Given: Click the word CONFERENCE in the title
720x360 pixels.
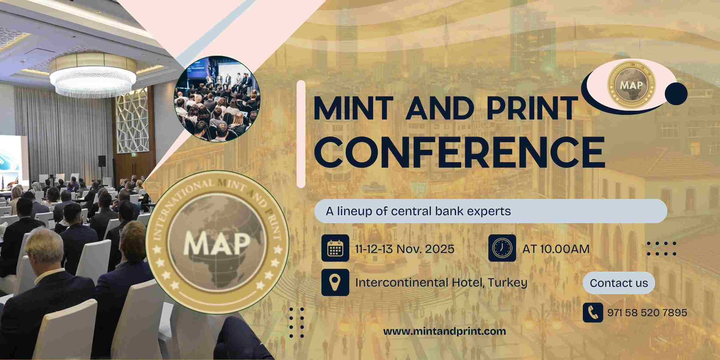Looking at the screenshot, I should coord(459,152).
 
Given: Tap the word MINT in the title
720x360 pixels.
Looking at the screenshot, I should coord(353,108).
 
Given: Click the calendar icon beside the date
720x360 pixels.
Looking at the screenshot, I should coord(335,248).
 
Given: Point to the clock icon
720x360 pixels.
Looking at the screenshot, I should coord(502,248).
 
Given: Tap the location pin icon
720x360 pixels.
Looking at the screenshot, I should coord(335,282).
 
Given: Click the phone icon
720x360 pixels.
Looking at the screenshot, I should coord(593,312).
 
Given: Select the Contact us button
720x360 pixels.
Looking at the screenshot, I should coord(619,283).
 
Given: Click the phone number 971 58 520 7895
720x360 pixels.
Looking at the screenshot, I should coord(647,312).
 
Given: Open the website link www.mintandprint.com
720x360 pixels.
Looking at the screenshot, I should coord(445,332).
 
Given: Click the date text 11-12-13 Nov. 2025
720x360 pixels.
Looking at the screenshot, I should coord(405,249).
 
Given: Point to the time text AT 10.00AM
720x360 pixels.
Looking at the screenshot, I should coord(556,249).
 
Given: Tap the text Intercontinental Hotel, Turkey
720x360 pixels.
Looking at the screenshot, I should coord(441,283).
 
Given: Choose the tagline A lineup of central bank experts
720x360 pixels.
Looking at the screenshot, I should coord(418,211).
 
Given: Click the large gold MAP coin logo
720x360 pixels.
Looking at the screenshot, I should coord(217,243).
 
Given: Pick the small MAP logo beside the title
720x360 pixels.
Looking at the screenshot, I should coord(631,85).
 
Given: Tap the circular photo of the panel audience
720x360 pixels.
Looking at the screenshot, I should coord(217,99).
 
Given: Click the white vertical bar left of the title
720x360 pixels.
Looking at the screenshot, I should coord(301,134).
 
